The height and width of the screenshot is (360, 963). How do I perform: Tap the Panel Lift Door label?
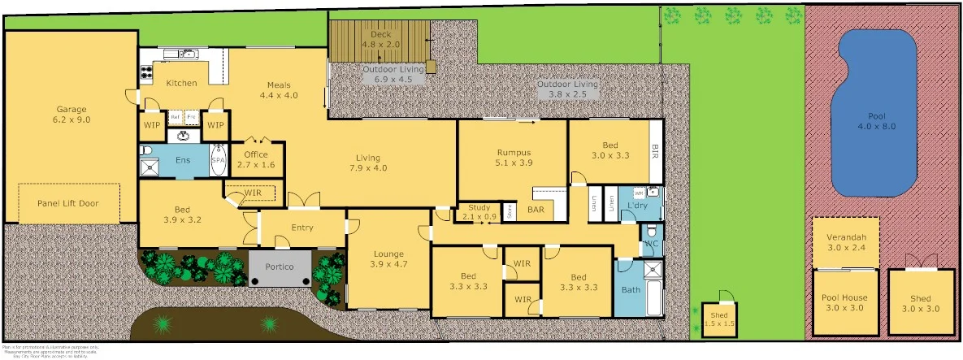point(68,203)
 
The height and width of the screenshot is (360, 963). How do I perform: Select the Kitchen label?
point(181,83)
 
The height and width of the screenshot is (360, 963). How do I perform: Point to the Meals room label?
point(279,89)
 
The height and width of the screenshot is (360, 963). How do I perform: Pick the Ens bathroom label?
point(184,161)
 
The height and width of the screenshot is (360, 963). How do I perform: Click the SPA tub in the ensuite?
point(218,161)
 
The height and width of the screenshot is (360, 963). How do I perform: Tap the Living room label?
point(368,163)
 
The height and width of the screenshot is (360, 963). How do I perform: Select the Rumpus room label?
point(514,157)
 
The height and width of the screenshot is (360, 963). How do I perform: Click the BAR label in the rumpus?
point(536,210)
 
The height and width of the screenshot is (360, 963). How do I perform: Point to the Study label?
point(479,212)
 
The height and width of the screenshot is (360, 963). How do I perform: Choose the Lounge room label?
point(388,258)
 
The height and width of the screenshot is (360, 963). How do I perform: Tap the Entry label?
point(302,228)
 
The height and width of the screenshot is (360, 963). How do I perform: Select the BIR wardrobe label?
point(656,151)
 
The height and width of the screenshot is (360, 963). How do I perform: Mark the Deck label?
point(380,39)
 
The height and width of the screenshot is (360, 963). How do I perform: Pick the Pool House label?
point(846,302)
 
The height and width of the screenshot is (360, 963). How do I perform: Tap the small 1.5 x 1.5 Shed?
point(718,319)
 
